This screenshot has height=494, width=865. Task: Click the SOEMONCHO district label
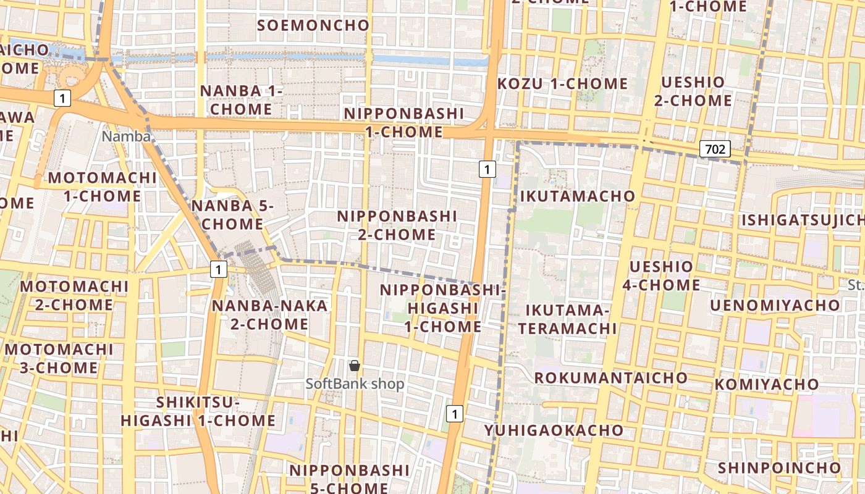coord(313,25)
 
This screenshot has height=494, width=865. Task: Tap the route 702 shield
coord(715,149)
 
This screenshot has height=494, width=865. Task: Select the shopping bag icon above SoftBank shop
coord(355,366)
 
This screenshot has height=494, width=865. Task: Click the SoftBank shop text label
coord(355,384)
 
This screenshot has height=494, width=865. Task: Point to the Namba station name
coord(126,136)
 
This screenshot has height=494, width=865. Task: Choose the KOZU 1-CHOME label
coord(563,84)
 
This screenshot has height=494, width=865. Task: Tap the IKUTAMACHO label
coord(578,196)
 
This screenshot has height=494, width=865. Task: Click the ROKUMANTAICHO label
coord(610,378)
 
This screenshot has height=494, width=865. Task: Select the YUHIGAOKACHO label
coord(554,430)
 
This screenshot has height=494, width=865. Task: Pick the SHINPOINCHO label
coord(779,468)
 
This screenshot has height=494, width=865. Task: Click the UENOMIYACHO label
coord(775,306)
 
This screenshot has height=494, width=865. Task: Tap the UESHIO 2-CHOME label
coord(693,91)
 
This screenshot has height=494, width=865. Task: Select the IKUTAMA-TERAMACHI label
coord(567,319)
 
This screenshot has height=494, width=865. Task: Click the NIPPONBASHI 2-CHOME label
coord(397,225)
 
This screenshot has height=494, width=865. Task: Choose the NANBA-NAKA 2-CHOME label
coord(269,315)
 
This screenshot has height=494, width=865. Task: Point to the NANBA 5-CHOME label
coord(232,215)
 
